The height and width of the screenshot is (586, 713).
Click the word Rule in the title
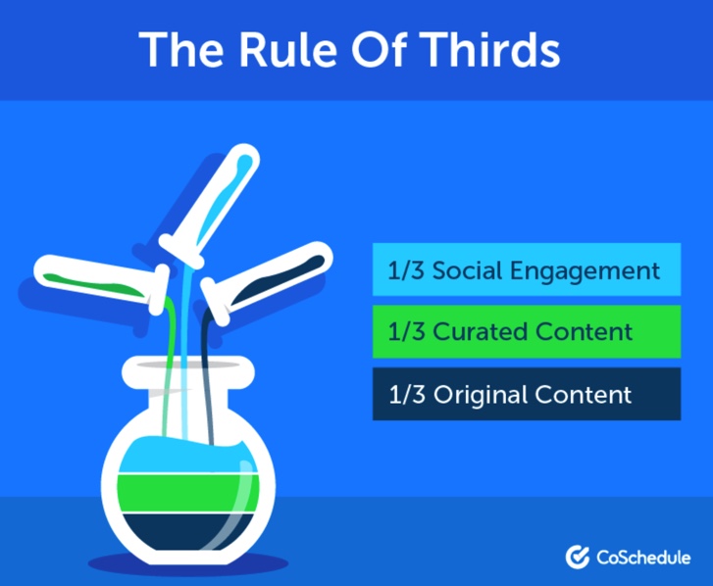point(288,50)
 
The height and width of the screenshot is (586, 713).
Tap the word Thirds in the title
point(489,50)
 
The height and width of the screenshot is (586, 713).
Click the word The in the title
point(181,50)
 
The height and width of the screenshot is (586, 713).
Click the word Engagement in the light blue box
point(585,272)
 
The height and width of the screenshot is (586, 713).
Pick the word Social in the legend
point(468,270)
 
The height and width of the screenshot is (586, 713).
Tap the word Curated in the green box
point(481,331)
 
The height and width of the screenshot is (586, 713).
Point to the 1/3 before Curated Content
point(407,331)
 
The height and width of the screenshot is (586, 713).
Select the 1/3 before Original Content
point(407,394)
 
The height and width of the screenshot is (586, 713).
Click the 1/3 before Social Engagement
point(406,270)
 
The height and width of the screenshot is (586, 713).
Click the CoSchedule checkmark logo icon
point(578,557)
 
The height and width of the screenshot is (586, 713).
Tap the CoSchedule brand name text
point(643,558)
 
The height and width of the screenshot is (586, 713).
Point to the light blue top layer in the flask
point(185,456)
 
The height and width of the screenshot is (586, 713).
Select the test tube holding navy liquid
point(267,281)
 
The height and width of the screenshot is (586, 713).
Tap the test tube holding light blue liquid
point(210,206)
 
